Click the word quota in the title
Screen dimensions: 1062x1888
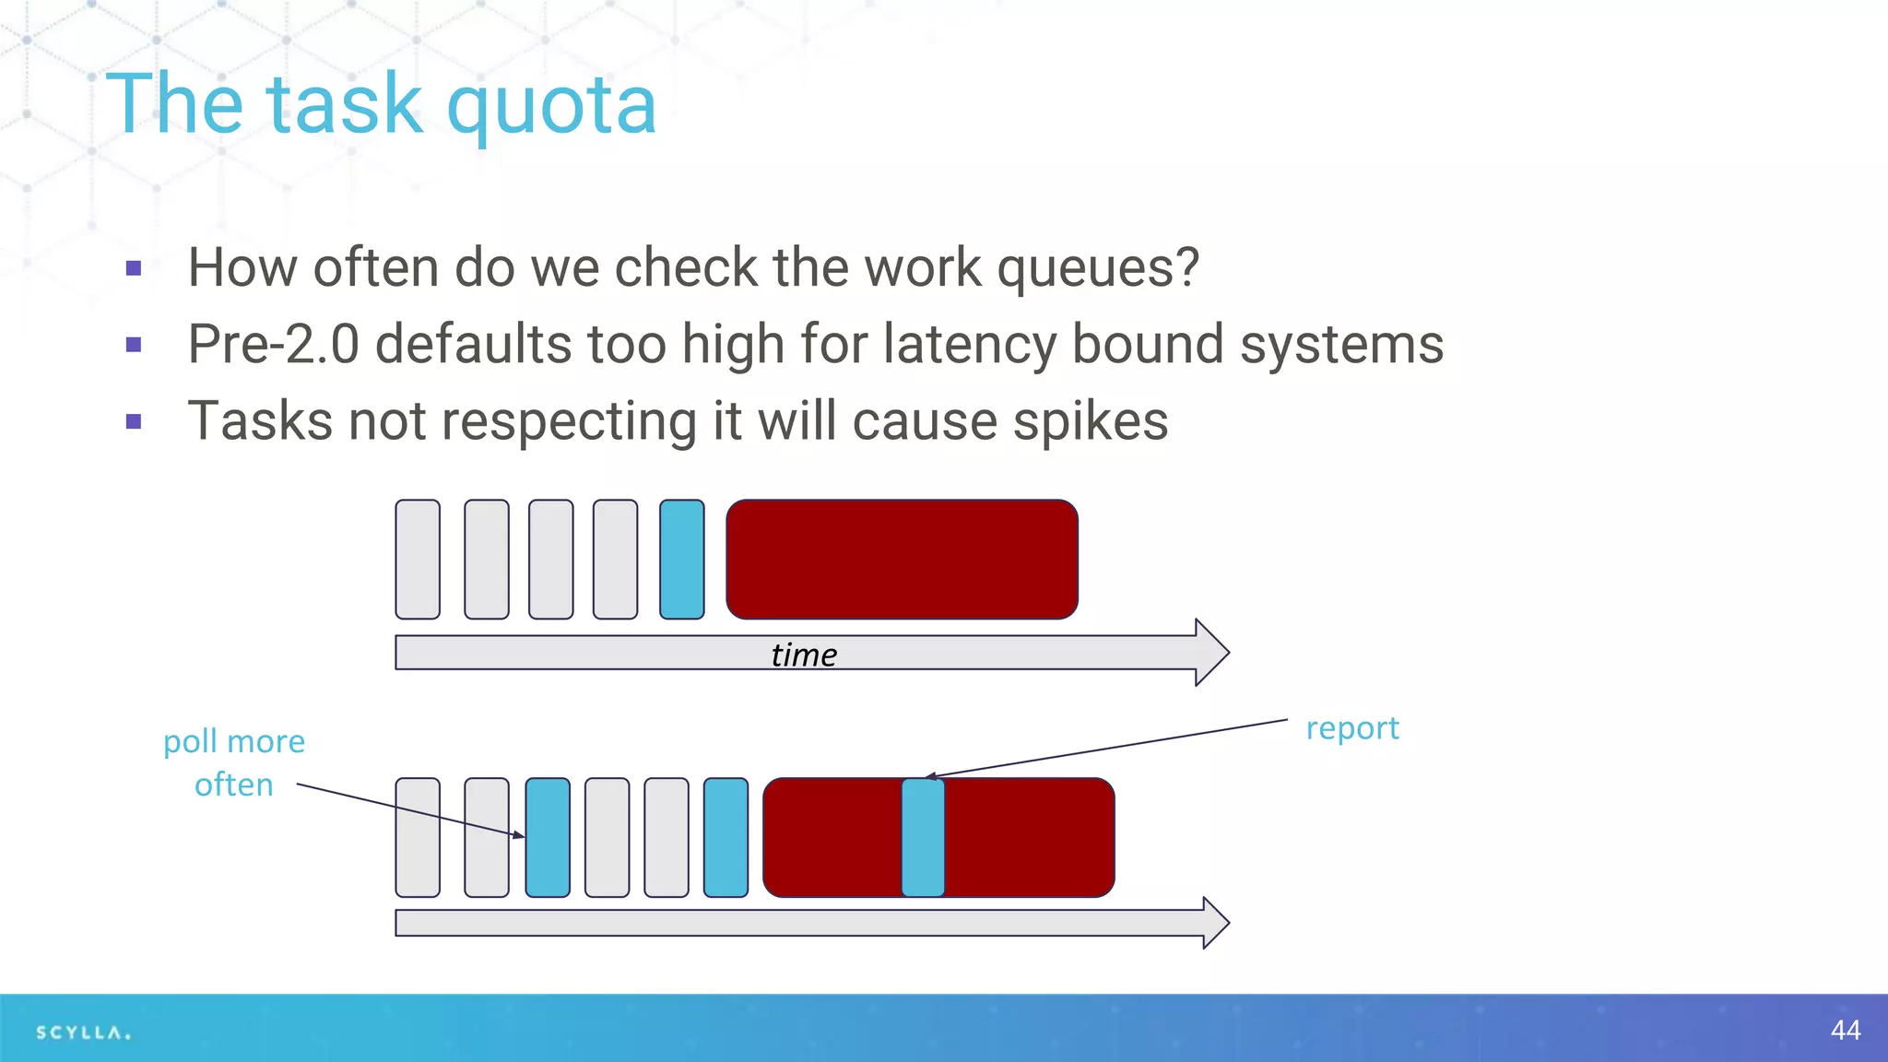click(x=551, y=106)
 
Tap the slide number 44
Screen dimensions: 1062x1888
click(x=1846, y=1030)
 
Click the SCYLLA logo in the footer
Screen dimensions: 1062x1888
click(x=83, y=1032)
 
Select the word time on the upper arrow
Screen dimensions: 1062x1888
click(x=804, y=655)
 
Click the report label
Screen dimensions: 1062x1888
click(x=1352, y=728)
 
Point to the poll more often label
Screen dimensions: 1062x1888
click(x=234, y=762)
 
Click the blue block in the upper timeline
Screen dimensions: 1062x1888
click(x=682, y=560)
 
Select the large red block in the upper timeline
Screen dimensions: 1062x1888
click(x=902, y=560)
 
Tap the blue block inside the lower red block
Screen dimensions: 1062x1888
click(x=923, y=837)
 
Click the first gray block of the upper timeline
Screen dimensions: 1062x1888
click(x=418, y=560)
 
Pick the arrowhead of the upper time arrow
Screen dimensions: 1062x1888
click(x=1211, y=653)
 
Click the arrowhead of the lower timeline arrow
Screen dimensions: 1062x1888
click(x=1215, y=922)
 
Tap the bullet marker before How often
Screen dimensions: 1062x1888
click(x=135, y=269)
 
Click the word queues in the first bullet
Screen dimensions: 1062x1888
click(x=1097, y=269)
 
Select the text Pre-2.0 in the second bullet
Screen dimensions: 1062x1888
click(x=273, y=345)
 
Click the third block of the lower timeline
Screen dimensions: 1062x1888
click(x=548, y=837)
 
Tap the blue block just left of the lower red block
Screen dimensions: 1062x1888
click(x=726, y=837)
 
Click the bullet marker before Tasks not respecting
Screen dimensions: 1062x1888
click(x=135, y=422)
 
